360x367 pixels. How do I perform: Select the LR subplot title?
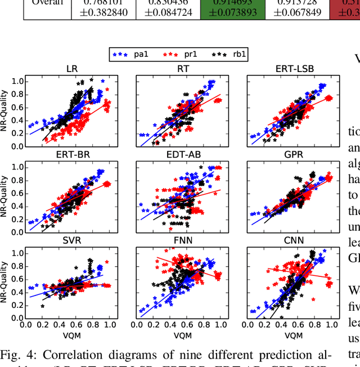[71, 69]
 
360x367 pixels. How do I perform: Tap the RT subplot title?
[183, 69]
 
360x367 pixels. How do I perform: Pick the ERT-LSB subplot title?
[295, 69]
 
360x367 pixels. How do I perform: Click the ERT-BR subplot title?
[71, 155]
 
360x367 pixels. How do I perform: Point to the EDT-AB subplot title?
[183, 155]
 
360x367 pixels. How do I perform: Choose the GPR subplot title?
[295, 155]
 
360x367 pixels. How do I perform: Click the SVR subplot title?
[71, 241]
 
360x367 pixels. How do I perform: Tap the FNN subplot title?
[183, 241]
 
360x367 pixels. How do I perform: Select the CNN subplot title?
[295, 241]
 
